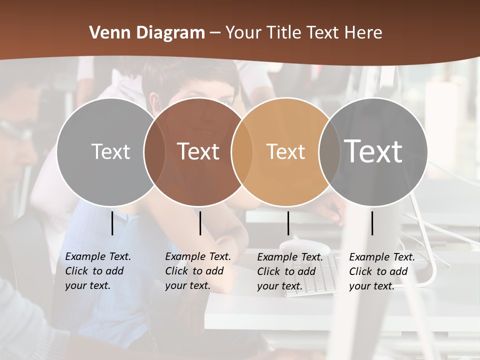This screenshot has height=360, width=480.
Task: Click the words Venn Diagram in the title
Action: tap(146, 33)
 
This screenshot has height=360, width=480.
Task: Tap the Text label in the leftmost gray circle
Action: tap(110, 151)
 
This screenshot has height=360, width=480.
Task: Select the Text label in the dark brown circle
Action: tap(198, 151)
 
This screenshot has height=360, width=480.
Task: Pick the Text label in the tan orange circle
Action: tap(285, 151)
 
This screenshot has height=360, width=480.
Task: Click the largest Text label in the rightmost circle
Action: tap(373, 151)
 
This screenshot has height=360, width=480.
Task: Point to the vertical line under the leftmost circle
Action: tap(112, 223)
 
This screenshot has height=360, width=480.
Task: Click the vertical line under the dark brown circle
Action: tap(200, 223)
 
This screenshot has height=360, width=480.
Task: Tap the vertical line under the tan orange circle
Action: tap(288, 223)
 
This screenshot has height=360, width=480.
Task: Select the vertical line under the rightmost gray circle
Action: tap(372, 223)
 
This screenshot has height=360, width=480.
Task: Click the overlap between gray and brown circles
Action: tap(154, 151)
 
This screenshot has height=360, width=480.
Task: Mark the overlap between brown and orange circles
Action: tap(241, 151)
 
